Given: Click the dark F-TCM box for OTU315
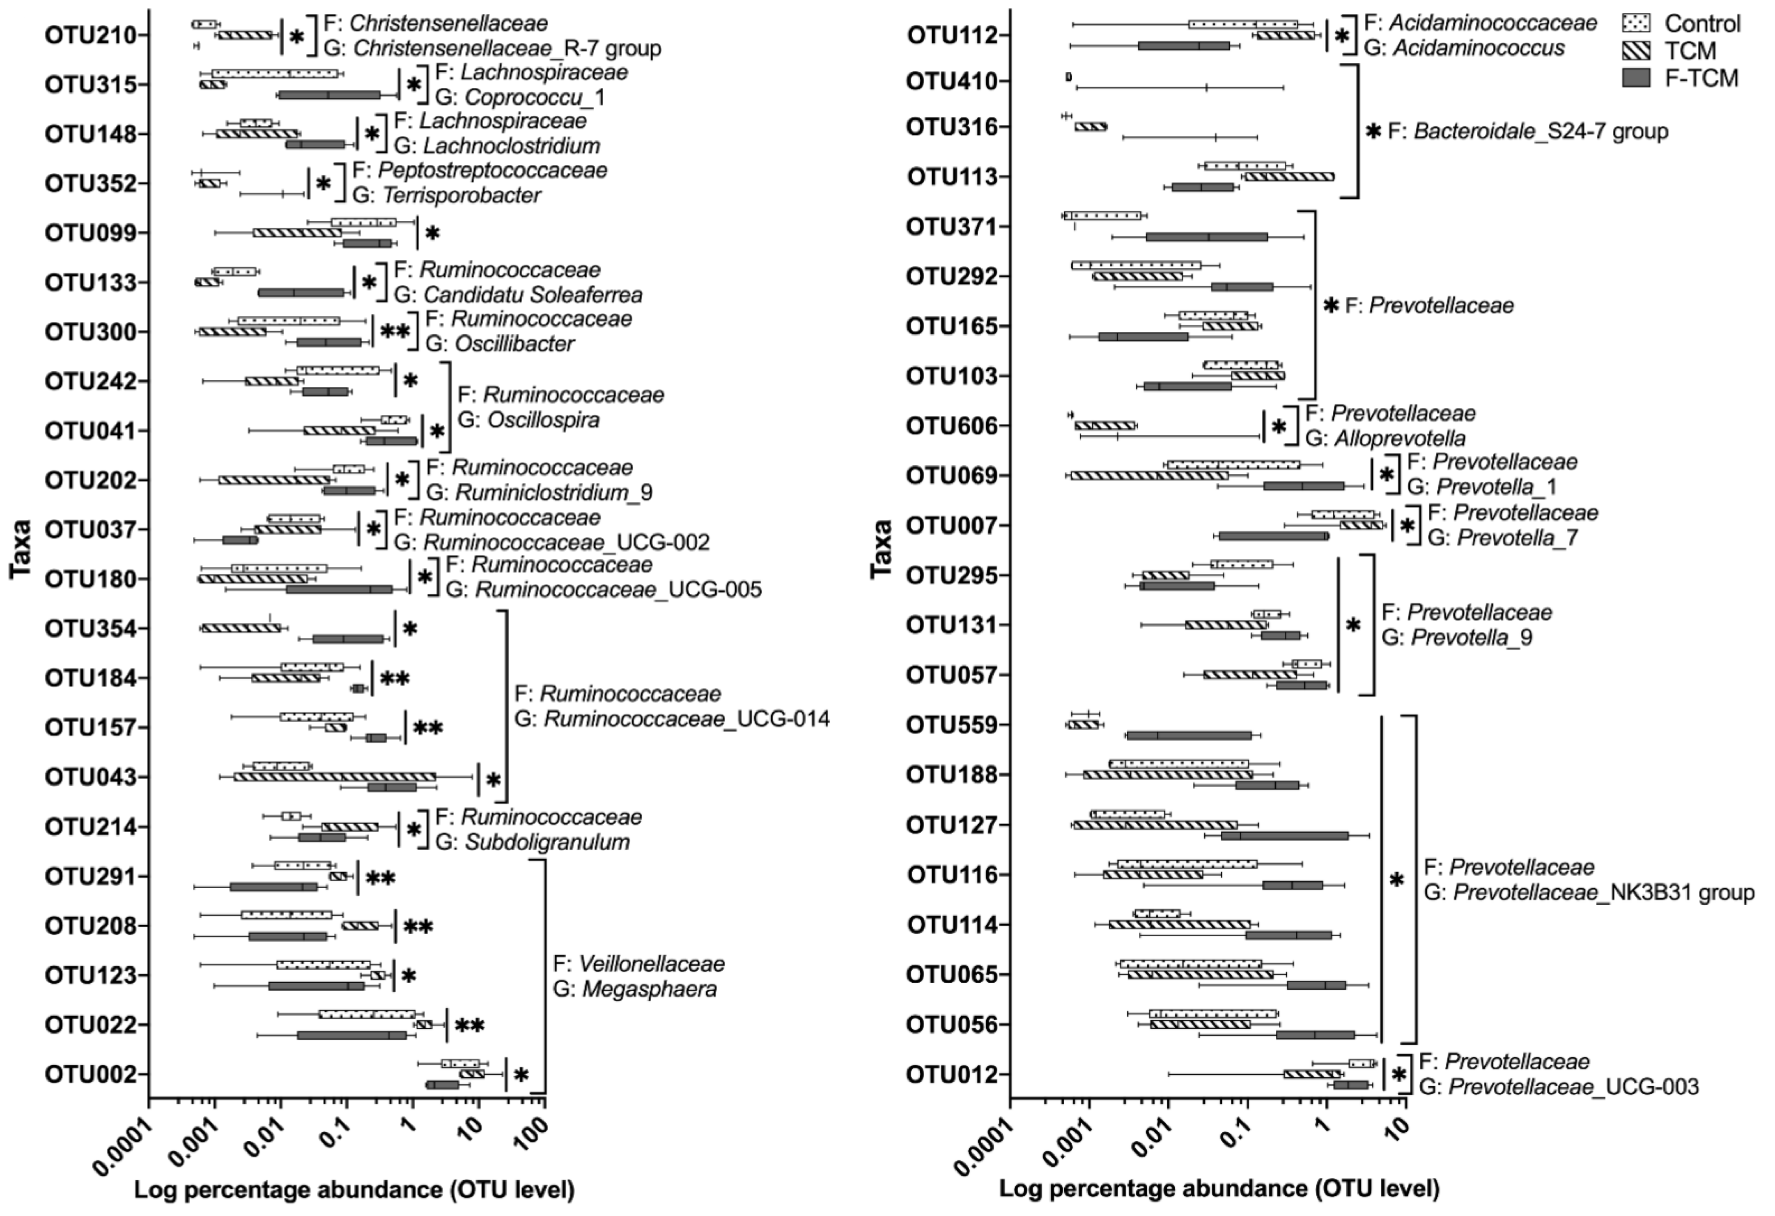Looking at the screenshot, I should [x=329, y=95].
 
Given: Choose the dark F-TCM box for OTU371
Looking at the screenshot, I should [x=1207, y=237].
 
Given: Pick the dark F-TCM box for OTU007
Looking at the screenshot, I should [x=1273, y=536].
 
